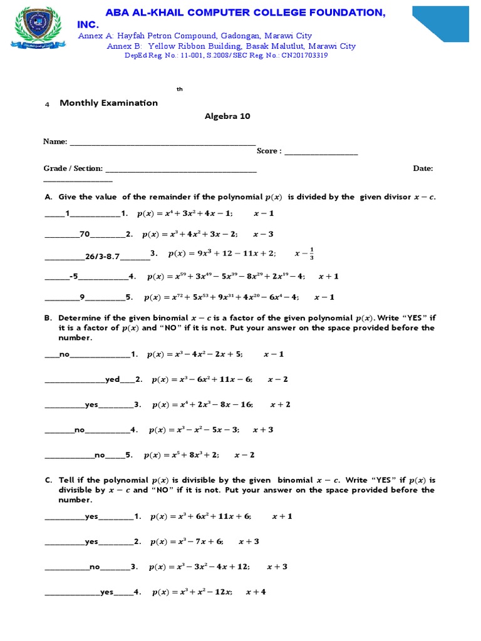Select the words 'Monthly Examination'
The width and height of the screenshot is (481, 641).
pyautogui.click(x=108, y=103)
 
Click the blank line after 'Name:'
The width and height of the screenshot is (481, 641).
pyautogui.click(x=162, y=142)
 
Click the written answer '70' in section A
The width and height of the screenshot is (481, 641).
pyautogui.click(x=85, y=234)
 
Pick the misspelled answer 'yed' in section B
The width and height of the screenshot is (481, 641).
pyautogui.click(x=112, y=379)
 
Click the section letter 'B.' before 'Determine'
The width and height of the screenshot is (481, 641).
pyautogui.click(x=48, y=318)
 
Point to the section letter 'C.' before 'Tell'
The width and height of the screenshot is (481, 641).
pyautogui.click(x=48, y=480)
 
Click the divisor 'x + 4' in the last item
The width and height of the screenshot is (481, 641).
pyautogui.click(x=256, y=592)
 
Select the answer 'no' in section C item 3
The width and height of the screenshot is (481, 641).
pyautogui.click(x=95, y=567)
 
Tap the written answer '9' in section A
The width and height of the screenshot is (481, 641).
pyautogui.click(x=82, y=297)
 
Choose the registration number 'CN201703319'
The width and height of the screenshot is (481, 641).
pyautogui.click(x=305, y=55)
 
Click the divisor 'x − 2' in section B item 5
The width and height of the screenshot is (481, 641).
pyautogui.click(x=244, y=455)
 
